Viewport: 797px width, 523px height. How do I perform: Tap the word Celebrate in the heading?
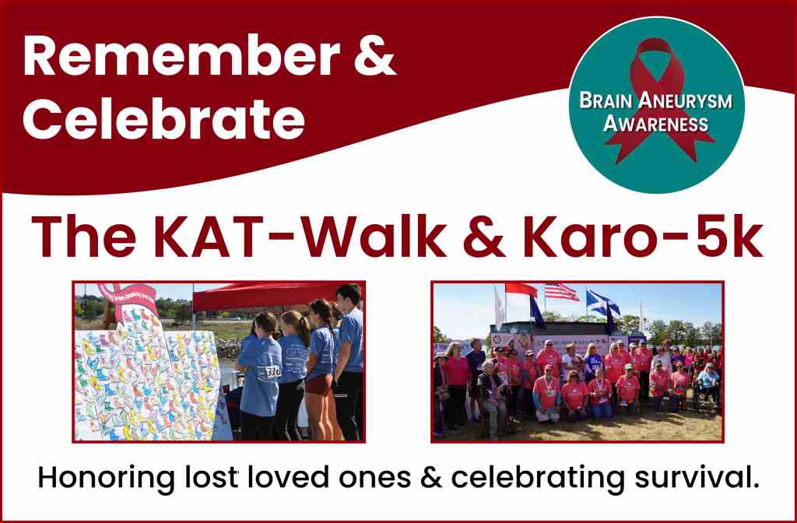click(163, 119)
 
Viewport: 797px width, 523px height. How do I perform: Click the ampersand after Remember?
click(374, 56)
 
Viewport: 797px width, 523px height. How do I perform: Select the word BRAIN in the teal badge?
click(607, 100)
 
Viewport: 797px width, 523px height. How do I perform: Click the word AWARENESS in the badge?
click(655, 124)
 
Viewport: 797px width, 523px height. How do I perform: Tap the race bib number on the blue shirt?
click(273, 371)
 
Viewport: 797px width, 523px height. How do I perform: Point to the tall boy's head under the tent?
click(349, 297)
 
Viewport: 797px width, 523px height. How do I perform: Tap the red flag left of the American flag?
click(521, 290)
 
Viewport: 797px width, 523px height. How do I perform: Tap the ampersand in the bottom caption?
click(430, 478)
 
